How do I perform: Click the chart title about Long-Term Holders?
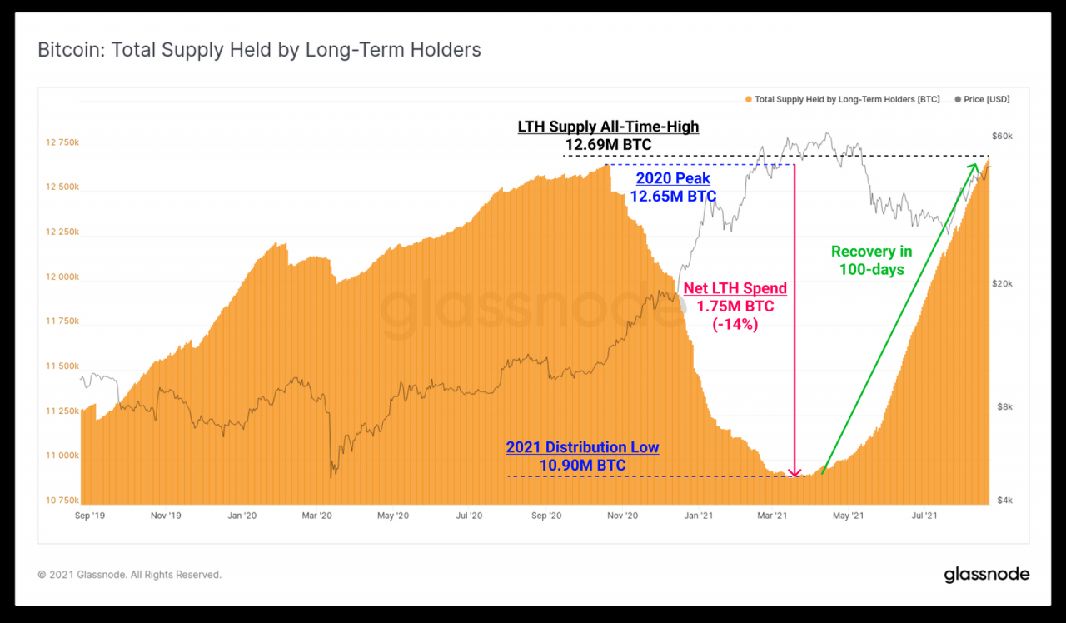pyautogui.click(x=259, y=50)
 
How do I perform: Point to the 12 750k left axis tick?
pyautogui.click(x=62, y=142)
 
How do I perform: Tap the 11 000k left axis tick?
pyautogui.click(x=62, y=456)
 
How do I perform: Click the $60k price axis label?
pyautogui.click(x=1001, y=136)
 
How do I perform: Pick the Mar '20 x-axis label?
pyautogui.click(x=317, y=516)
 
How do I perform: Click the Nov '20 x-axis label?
pyautogui.click(x=622, y=516)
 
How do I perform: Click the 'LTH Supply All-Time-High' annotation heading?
pyautogui.click(x=608, y=127)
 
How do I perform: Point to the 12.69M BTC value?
pyautogui.click(x=608, y=145)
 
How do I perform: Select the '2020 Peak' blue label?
pyautogui.click(x=673, y=178)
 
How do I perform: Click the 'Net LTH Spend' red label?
pyautogui.click(x=735, y=288)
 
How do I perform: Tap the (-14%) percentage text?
pyautogui.click(x=735, y=324)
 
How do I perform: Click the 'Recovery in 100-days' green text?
pyautogui.click(x=871, y=260)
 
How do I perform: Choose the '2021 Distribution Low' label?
pyautogui.click(x=582, y=447)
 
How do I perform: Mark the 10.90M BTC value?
pyautogui.click(x=582, y=466)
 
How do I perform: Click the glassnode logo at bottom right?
pyautogui.click(x=986, y=575)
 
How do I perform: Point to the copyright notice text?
pyautogui.click(x=129, y=575)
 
